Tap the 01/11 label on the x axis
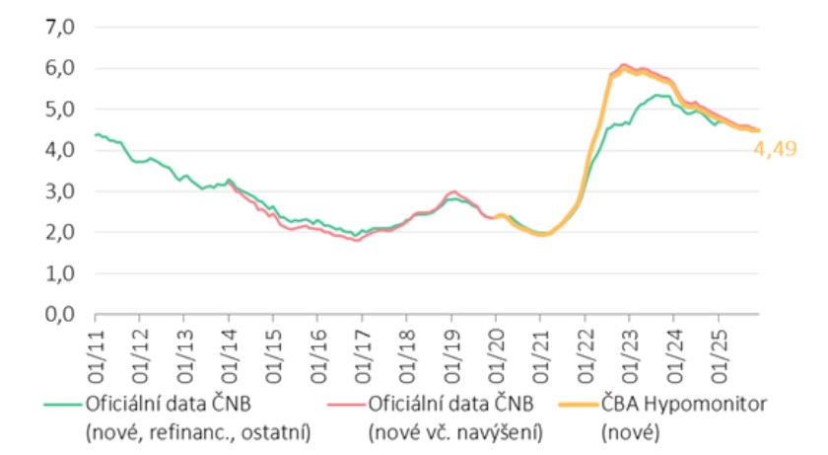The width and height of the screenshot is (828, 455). [x=96, y=345]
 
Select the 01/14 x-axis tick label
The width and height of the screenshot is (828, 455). [x=229, y=345]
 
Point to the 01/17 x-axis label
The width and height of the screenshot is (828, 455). [x=362, y=345]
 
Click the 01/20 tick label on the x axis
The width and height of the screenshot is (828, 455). [x=496, y=345]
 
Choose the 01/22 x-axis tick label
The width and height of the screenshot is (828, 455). [x=585, y=345]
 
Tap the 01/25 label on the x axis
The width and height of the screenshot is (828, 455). [x=718, y=345]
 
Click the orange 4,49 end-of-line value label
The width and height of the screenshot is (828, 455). [x=774, y=150]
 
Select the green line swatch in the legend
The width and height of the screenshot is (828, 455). [x=62, y=405]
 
